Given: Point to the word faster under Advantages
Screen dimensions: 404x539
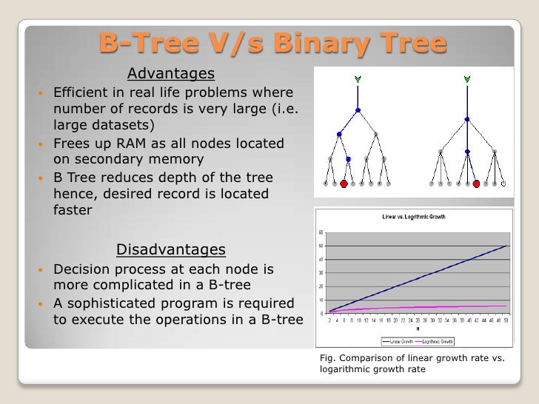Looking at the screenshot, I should coord(73,209).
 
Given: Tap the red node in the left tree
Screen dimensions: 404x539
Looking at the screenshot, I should coord(344,184).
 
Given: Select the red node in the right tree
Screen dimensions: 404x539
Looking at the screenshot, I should coord(476,184).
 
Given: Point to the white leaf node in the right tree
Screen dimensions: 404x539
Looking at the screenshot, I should coord(504,183).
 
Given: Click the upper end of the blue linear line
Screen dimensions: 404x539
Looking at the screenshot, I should coord(506,246).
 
